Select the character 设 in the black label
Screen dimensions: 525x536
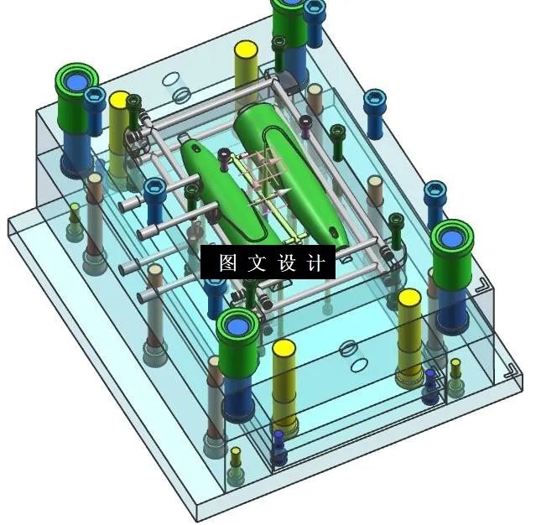coord(287,262)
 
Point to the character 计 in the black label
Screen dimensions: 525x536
coord(315,262)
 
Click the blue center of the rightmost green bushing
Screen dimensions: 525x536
coord(454,238)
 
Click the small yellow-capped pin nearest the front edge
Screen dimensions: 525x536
coord(236,453)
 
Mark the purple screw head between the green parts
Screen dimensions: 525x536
coord(224,154)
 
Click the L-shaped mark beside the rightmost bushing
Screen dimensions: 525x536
coord(481,287)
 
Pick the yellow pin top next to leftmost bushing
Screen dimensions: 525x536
coord(119,100)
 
